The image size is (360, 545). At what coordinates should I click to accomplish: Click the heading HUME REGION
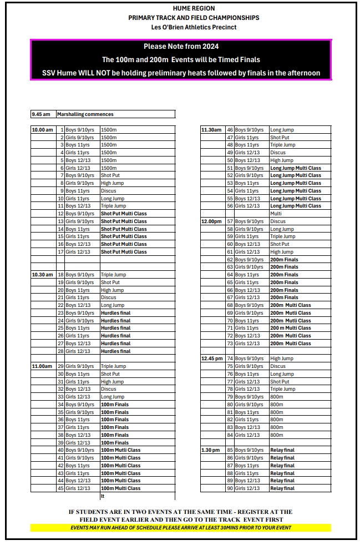click(194, 8)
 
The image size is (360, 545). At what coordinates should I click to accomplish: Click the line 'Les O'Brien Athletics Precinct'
click(194, 27)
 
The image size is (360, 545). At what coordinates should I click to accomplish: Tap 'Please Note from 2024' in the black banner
click(181, 47)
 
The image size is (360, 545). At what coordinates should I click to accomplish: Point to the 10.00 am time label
click(42, 130)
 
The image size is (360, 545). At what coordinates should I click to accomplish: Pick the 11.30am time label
click(211, 130)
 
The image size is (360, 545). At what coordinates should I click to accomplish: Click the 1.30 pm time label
click(211, 450)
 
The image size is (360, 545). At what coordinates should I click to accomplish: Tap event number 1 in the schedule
click(62, 130)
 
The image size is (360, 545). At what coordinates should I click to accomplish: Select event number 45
click(61, 488)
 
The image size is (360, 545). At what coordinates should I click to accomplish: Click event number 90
click(230, 488)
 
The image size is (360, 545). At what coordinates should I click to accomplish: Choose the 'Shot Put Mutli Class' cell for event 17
click(124, 252)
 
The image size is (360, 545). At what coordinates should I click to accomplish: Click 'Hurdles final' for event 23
click(115, 313)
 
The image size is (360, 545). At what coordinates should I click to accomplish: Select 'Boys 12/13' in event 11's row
click(78, 206)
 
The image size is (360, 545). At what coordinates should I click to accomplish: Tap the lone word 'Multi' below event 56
click(276, 214)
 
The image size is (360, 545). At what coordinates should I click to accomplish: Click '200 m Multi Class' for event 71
click(290, 328)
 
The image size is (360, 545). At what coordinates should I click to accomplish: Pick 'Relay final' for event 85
click(282, 450)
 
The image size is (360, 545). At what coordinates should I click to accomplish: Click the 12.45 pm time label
click(212, 359)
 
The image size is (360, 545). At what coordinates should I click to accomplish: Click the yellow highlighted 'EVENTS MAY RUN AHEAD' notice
click(181, 528)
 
